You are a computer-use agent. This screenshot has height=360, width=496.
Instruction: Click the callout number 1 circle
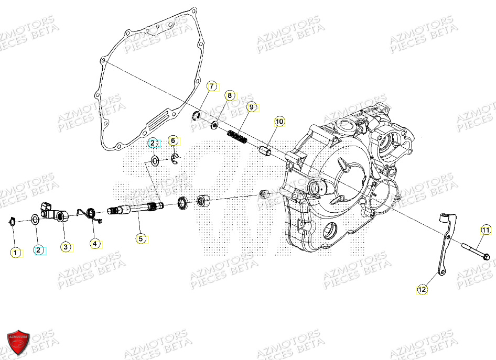click(x=16, y=253)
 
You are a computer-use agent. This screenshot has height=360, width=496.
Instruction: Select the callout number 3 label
click(x=66, y=246)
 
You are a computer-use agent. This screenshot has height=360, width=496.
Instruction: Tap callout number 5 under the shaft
click(x=140, y=238)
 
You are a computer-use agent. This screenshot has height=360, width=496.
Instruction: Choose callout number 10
click(x=279, y=122)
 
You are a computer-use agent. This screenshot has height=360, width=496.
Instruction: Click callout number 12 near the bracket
click(x=423, y=289)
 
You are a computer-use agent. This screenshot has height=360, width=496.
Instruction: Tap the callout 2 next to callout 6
click(x=152, y=143)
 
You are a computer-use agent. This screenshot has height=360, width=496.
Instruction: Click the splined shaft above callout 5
click(x=136, y=209)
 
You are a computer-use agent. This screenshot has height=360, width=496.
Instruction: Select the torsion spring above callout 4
click(x=90, y=213)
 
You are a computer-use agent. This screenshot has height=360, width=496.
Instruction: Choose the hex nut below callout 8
click(x=214, y=125)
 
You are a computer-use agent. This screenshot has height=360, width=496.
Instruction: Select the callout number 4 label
click(x=95, y=243)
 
